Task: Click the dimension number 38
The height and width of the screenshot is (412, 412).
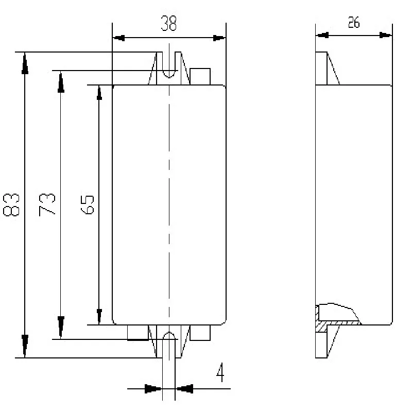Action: pos(169,23)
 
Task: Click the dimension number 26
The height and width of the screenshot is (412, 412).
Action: pos(354,22)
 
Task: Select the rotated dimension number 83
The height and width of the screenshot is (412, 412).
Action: pos(11,204)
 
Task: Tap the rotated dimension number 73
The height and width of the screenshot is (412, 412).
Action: pos(47,204)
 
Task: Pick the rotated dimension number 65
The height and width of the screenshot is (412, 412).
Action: pos(87,204)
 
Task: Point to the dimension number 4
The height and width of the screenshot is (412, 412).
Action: pos(220,372)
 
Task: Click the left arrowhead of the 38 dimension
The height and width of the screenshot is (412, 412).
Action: pos(119,38)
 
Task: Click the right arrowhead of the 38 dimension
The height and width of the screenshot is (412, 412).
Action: pos(219,38)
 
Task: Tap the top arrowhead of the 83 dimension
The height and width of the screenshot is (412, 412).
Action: pos(25,63)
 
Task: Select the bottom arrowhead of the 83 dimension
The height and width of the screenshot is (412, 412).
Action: pos(25,346)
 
